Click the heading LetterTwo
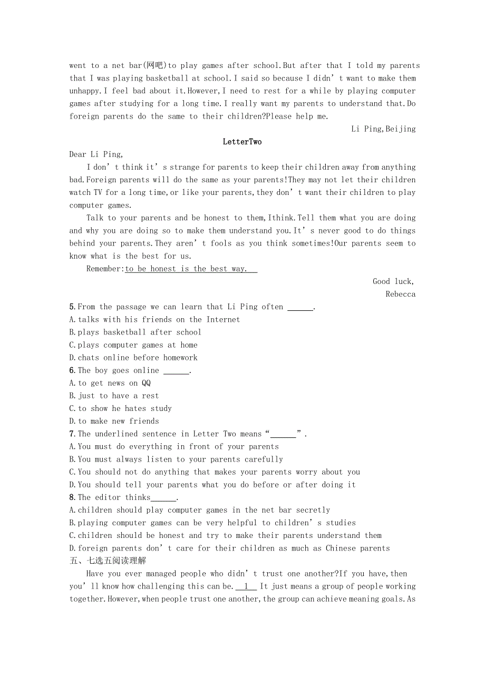pos(242,142)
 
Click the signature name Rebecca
pos(400,294)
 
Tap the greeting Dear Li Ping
pos(96,154)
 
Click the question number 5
pos(72,307)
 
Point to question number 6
pos(72,370)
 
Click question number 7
pos(72,434)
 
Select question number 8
pos(72,497)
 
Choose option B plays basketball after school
pos(135,332)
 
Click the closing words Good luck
pos(393,281)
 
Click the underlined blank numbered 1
pos(246,586)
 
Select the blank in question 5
pos(300,307)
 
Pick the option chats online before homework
pos(133,357)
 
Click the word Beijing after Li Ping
pos(401,129)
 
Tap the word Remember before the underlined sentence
pos(104,269)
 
